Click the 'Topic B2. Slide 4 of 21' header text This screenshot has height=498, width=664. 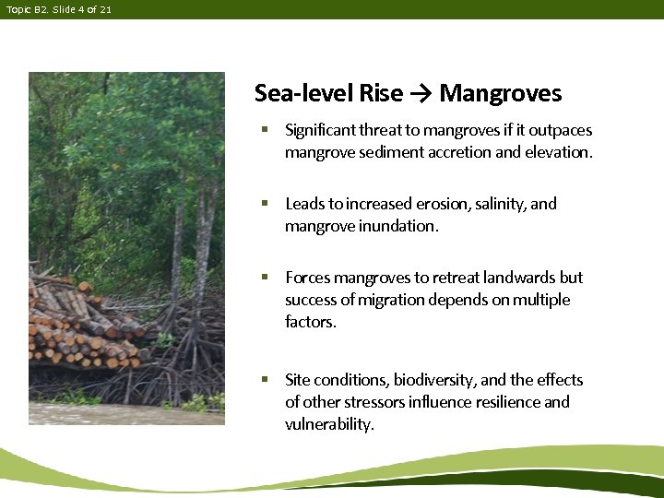click(58, 9)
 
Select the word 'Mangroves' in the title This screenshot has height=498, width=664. click(501, 94)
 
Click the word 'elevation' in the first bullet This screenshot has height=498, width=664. click(557, 152)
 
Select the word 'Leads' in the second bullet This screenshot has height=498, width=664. click(303, 204)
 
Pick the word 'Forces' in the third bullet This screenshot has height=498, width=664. click(307, 278)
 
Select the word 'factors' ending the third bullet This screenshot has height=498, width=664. click(310, 322)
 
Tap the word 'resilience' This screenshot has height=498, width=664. click(507, 402)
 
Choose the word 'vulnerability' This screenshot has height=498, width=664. click(328, 424)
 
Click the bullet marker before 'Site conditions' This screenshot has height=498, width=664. click(264, 380)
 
